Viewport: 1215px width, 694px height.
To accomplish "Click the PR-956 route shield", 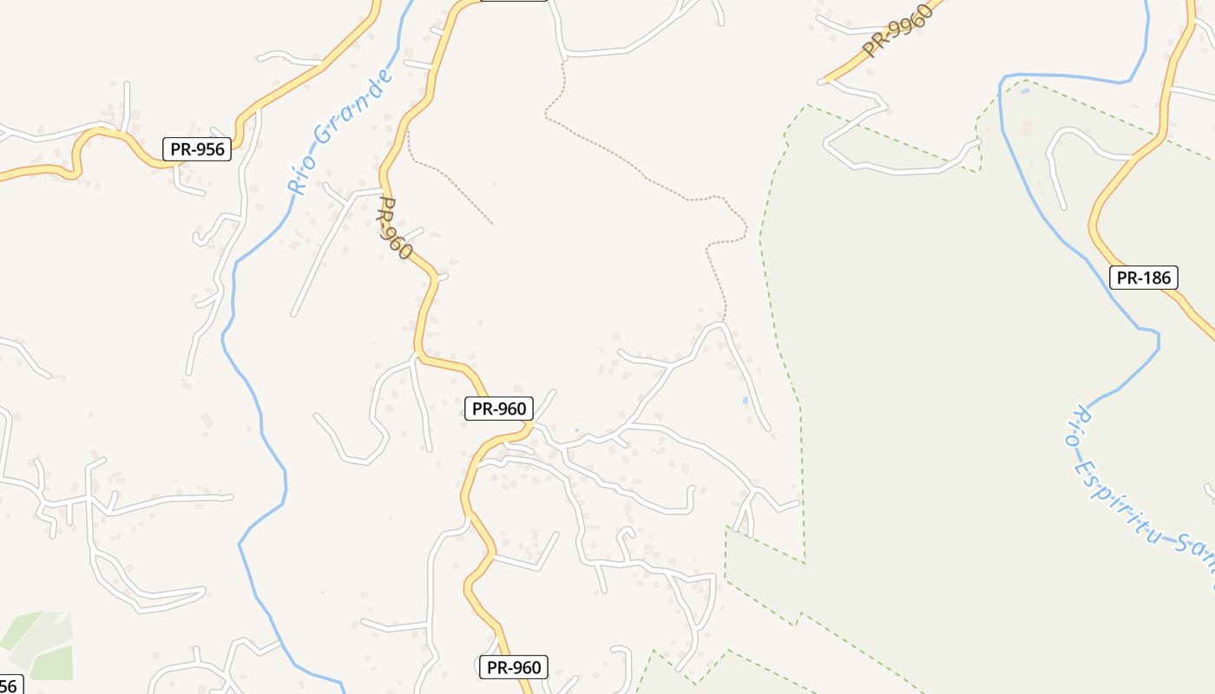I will coord(197,149).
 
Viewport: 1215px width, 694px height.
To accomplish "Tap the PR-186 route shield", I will coord(1144,278).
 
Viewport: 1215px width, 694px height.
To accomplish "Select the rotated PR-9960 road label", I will coord(897,30).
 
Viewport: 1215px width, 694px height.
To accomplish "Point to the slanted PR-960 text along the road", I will coord(395,227).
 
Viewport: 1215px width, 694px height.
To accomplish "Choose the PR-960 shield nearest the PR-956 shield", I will coord(499,409).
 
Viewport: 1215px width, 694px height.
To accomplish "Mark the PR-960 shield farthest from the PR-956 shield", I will coord(513,667).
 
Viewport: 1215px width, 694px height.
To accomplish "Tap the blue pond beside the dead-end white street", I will coord(745,401).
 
